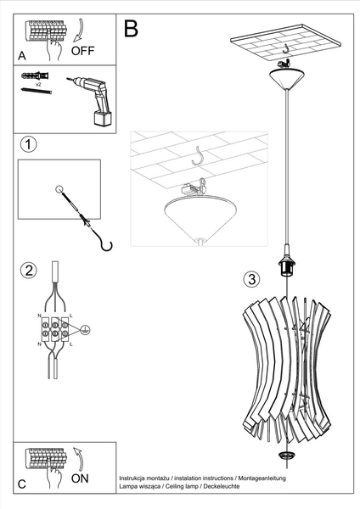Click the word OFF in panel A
[x=83, y=50]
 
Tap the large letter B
[x=131, y=28]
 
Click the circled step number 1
[x=29, y=144]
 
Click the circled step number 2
[x=29, y=271]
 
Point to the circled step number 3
[x=250, y=278]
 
